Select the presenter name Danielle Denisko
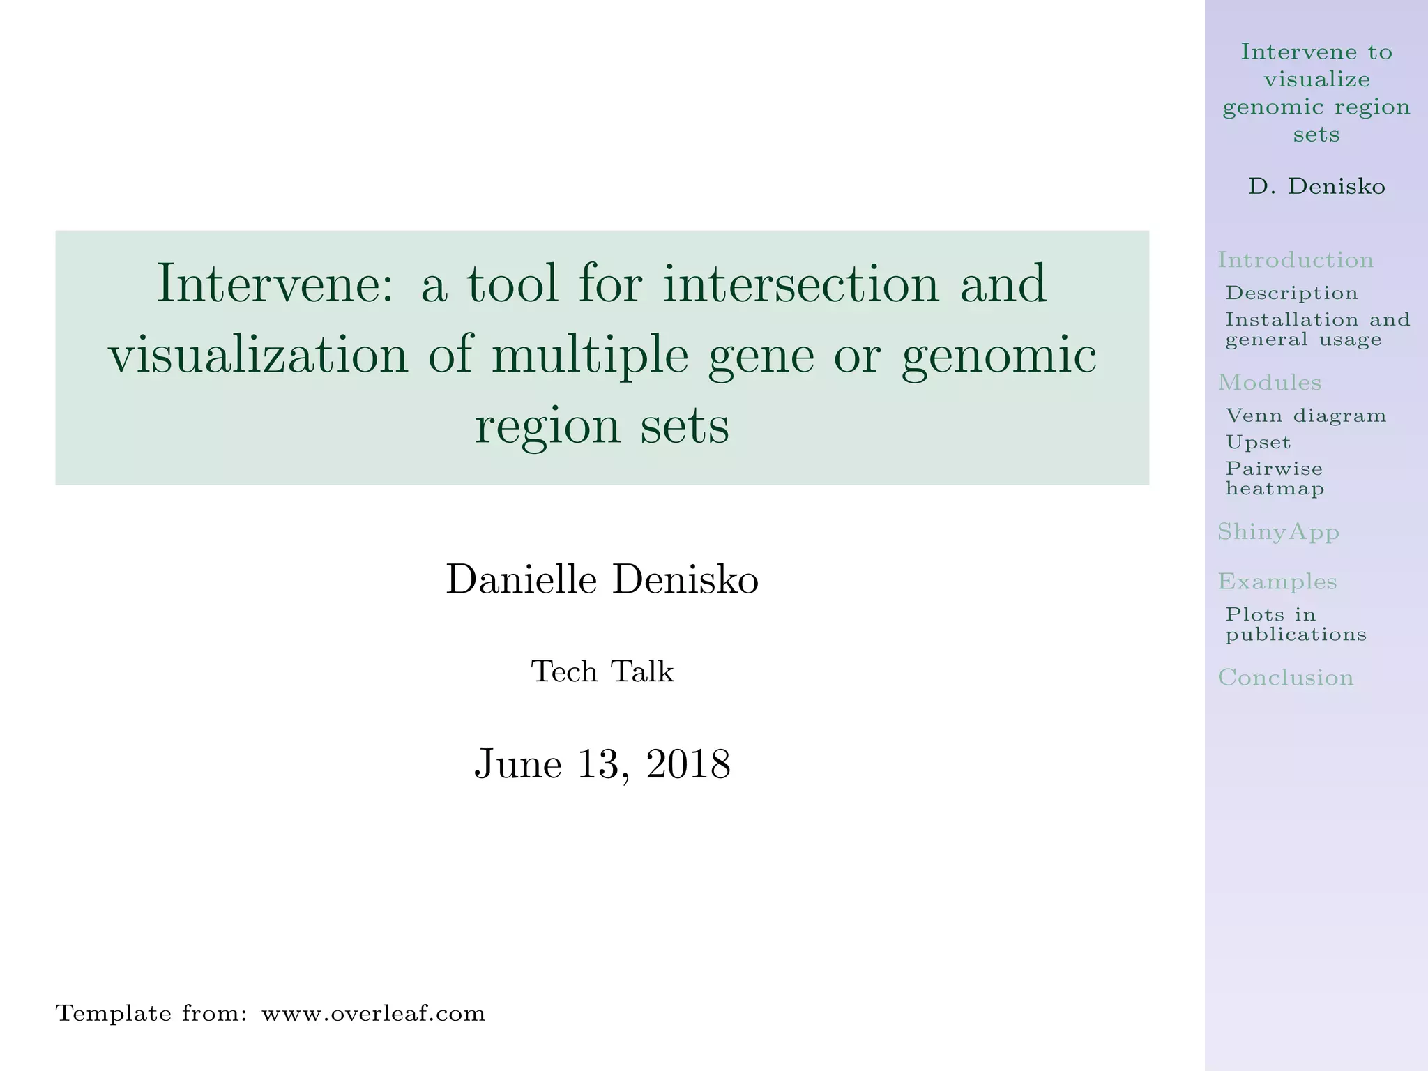click(x=602, y=580)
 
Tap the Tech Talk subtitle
click(x=602, y=672)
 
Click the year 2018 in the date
click(x=688, y=764)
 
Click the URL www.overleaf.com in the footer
click(x=373, y=1013)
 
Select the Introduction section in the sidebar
click(x=1296, y=260)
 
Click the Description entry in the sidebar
click(x=1291, y=293)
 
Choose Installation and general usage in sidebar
click(x=1317, y=329)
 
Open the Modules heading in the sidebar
click(x=1269, y=382)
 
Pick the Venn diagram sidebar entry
click(x=1305, y=416)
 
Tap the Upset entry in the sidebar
click(x=1258, y=442)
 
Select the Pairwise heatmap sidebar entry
click(x=1275, y=478)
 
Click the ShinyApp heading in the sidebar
click(x=1278, y=532)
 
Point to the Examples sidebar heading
click(x=1277, y=581)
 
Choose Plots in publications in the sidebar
click(x=1296, y=624)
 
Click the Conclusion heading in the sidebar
click(x=1285, y=677)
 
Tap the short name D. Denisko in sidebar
click(x=1316, y=186)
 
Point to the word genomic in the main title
click(x=998, y=355)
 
